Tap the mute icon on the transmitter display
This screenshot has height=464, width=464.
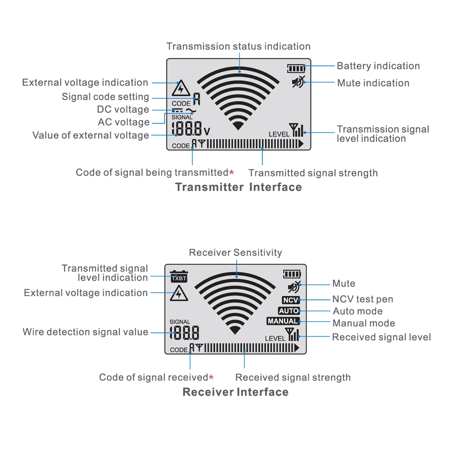point(298,82)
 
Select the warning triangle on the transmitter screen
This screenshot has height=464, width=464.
point(181,88)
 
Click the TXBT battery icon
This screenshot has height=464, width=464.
point(179,276)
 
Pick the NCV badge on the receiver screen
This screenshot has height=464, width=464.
point(290,300)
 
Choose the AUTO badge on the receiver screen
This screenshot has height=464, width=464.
point(289,311)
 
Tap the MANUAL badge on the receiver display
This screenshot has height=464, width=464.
point(283,321)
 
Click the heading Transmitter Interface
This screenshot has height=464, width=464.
point(238,187)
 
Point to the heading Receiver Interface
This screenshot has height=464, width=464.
point(235,392)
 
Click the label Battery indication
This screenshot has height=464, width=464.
point(378,66)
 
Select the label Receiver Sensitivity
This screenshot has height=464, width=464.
point(235,252)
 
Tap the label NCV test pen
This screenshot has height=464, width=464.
point(363,299)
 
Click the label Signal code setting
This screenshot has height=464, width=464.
point(105,97)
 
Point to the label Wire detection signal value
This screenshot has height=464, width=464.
point(85,332)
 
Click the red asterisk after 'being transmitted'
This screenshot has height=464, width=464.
point(231,173)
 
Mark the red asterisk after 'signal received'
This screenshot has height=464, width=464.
point(211,377)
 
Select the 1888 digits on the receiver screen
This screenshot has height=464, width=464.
point(185,333)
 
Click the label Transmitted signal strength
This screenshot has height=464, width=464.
point(313,173)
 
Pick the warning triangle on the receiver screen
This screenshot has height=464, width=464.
point(178,294)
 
